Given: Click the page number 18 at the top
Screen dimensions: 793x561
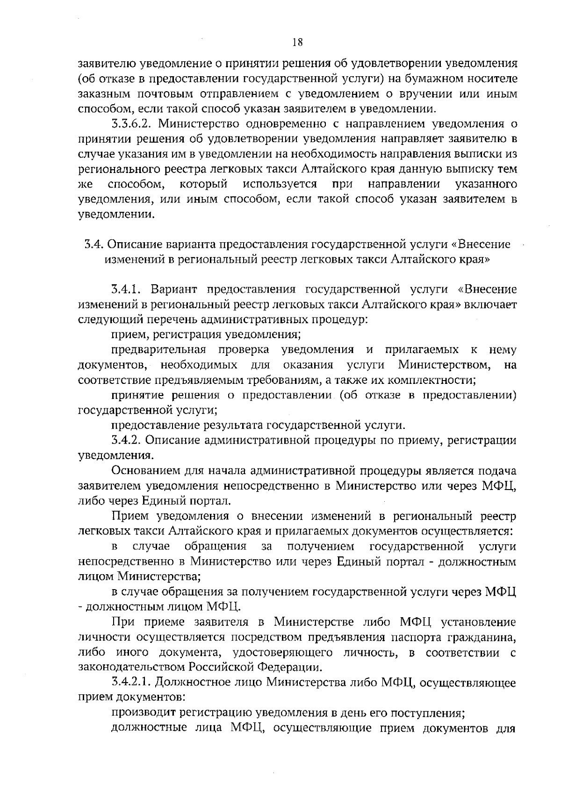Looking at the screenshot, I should point(297,43).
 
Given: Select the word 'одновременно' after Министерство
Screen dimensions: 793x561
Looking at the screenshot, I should point(271,124).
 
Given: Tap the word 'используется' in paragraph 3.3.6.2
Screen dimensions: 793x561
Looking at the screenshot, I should point(280,184).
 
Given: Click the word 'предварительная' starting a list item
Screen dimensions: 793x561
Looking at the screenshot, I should point(158,350).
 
